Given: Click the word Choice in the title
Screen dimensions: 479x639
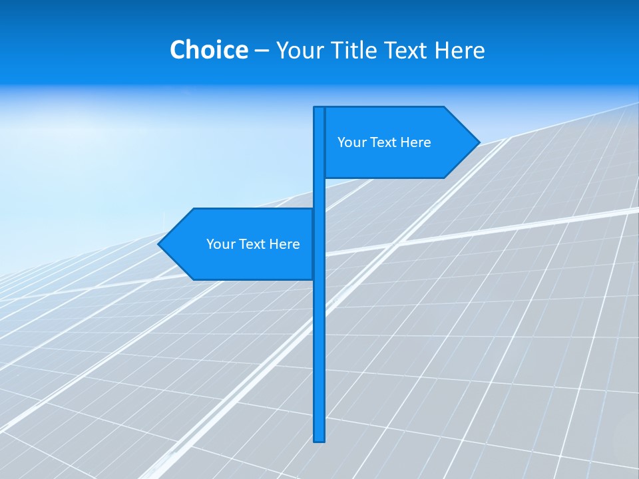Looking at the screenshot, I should [208, 50].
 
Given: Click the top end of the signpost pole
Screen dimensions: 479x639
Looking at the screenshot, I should [319, 108].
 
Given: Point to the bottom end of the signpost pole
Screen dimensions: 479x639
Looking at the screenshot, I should [319, 439].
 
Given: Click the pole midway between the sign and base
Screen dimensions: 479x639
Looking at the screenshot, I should [319, 359].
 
